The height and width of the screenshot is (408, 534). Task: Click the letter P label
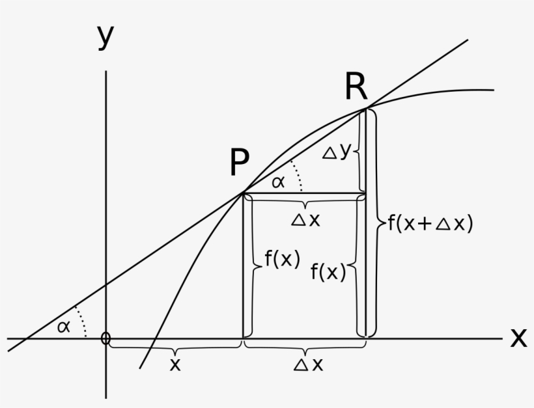click(240, 162)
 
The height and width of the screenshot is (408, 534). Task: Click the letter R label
click(356, 87)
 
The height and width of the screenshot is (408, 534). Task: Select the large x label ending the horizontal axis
click(518, 338)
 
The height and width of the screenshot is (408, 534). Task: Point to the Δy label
click(337, 151)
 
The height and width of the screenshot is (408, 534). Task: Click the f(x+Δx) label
click(430, 223)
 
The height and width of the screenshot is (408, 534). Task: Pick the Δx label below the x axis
click(308, 364)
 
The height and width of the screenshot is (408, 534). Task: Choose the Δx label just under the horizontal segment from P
click(306, 220)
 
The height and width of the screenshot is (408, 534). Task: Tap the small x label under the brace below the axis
click(175, 364)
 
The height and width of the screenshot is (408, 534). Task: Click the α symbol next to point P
click(278, 182)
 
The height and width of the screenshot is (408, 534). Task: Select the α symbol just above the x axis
click(64, 327)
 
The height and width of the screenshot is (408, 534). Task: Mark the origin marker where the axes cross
click(106, 338)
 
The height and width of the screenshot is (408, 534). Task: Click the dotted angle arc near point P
click(298, 174)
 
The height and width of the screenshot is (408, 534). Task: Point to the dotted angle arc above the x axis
click(82, 320)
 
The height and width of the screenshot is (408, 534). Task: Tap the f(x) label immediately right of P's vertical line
click(283, 258)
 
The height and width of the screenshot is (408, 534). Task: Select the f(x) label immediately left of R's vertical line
click(328, 271)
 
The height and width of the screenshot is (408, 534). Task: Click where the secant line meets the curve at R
click(366, 108)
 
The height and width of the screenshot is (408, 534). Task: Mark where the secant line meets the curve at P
click(243, 193)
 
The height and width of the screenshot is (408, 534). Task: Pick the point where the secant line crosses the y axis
click(106, 284)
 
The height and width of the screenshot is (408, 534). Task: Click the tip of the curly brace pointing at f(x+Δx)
click(386, 223)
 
